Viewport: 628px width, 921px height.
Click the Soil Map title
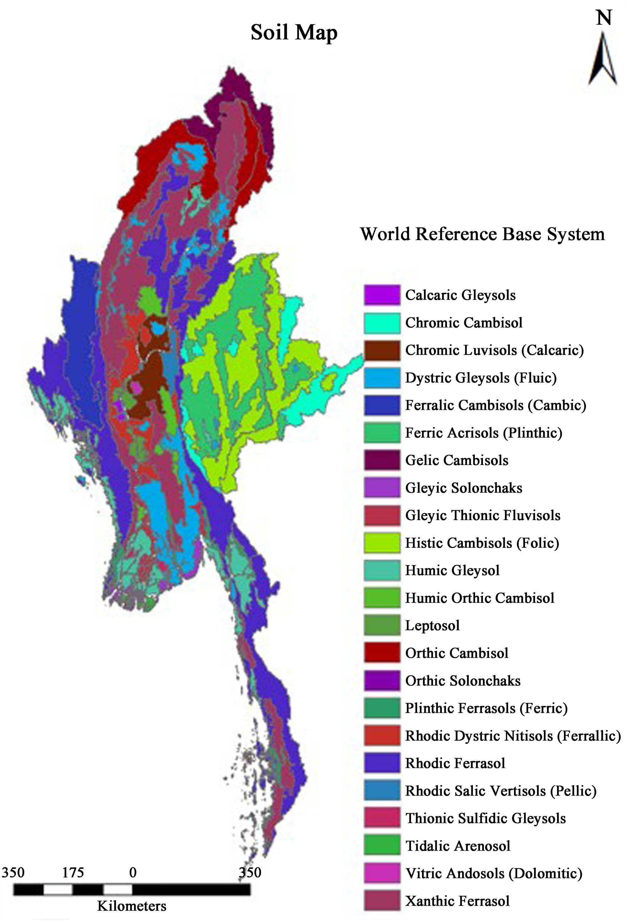[x=294, y=32]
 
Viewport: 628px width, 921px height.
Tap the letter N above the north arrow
[x=604, y=18]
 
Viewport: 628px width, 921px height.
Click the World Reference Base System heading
[x=482, y=234]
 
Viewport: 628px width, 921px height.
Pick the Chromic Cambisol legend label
[x=463, y=323]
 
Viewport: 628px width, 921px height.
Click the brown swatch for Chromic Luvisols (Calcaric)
[x=382, y=350]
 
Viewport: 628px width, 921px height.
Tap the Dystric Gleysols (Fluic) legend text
[x=480, y=378]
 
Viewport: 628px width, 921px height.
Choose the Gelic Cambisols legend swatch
[x=382, y=461]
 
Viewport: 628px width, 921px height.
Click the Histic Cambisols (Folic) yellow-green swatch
[x=382, y=543]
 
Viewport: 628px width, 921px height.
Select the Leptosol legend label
[x=432, y=625]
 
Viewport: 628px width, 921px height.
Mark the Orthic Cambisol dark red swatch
[x=382, y=653]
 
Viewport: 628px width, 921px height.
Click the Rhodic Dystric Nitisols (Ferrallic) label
[x=512, y=736]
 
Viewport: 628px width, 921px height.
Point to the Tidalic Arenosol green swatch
[x=382, y=846]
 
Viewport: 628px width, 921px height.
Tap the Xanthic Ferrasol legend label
[x=457, y=901]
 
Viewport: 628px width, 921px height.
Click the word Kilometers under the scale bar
[x=132, y=906]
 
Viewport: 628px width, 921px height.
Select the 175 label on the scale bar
[x=73, y=872]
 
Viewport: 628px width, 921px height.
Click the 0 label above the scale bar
[x=133, y=872]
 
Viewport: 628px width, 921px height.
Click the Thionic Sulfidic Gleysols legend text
[x=485, y=818]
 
